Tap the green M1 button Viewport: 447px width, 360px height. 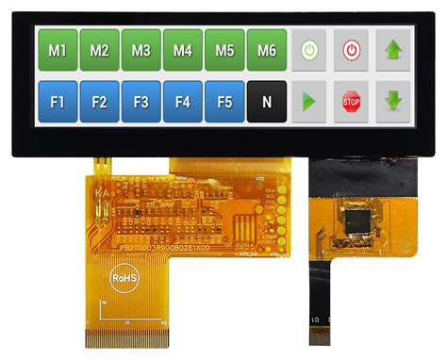57,49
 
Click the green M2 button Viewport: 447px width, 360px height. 99,49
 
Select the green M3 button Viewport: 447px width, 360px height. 141,49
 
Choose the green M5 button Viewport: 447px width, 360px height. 224,49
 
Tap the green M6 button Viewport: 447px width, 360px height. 266,49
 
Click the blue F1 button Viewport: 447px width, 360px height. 57,100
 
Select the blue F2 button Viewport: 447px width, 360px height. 99,100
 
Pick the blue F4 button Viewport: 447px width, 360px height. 183,100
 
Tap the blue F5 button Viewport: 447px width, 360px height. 224,100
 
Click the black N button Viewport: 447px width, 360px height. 266,100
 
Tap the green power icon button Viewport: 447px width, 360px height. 308,49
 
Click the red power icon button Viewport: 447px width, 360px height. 351,49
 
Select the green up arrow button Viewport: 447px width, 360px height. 394,49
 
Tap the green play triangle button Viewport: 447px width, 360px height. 308,100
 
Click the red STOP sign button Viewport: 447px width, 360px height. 351,100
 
